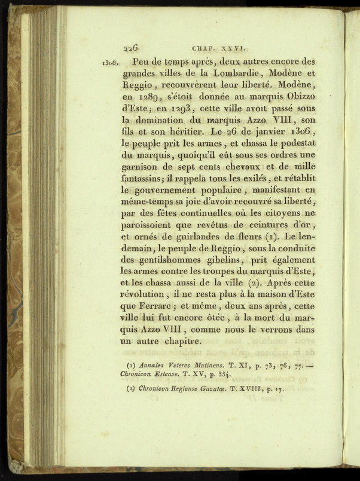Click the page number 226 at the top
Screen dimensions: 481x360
coord(131,50)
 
